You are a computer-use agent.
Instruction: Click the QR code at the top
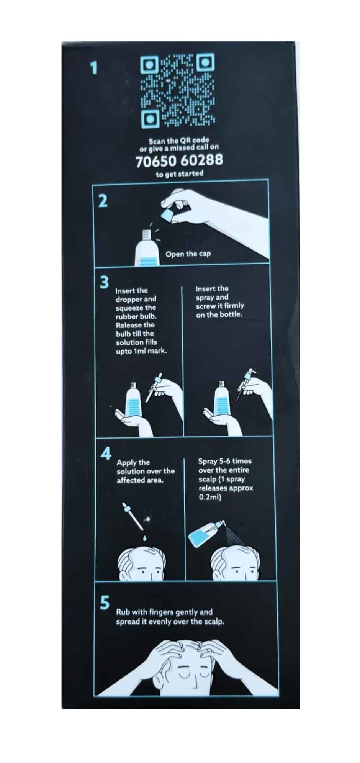pos(178,92)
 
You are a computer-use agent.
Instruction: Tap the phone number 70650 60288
pos(179,160)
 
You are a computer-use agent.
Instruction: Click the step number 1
pos(93,68)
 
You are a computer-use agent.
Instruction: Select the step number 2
pos(103,201)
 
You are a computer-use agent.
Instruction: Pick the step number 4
pos(106,453)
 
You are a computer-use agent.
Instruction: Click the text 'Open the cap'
pos(188,254)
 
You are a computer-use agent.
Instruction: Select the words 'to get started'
pos(179,174)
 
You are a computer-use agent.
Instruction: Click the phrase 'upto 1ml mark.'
pos(141,351)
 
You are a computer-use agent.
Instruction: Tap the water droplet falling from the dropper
pos(144,538)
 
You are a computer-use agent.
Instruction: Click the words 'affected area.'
pos(140,480)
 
